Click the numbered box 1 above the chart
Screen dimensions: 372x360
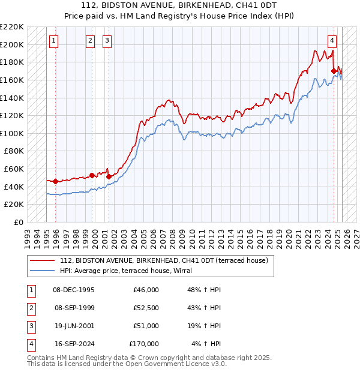(x=54, y=41)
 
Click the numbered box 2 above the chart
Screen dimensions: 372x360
(x=90, y=41)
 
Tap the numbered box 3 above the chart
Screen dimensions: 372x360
(x=107, y=41)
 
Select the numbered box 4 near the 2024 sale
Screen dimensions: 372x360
(x=332, y=41)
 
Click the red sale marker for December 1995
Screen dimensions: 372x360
(x=55, y=181)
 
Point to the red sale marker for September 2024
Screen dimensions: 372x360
(x=334, y=71)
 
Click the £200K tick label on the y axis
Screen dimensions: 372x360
(x=12, y=44)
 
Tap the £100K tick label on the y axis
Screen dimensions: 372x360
(x=12, y=133)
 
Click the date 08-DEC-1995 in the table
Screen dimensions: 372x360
(x=74, y=290)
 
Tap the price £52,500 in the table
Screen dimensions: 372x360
(x=146, y=308)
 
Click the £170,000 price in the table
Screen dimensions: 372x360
(x=144, y=344)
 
